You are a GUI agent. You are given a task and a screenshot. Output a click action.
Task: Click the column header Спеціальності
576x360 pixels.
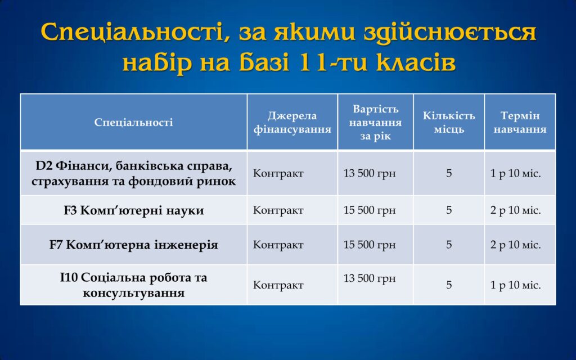[133, 122]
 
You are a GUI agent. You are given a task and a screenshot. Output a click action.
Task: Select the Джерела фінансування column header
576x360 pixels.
[292, 122]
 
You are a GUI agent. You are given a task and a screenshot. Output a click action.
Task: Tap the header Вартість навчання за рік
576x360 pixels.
[375, 122]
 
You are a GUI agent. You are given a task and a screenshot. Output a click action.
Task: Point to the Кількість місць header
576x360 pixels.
[449, 122]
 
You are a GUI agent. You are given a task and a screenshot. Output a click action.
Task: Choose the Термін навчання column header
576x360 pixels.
[520, 122]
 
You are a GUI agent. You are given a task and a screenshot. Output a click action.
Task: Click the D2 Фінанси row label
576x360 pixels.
[133, 173]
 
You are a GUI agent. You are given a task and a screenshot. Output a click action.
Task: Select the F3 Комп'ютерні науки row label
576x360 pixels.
[133, 210]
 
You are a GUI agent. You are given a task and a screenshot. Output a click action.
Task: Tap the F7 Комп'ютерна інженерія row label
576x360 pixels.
[133, 245]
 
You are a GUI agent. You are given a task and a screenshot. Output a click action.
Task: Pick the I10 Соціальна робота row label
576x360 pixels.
[133, 285]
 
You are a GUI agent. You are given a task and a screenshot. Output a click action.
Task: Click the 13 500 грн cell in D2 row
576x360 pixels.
[370, 173]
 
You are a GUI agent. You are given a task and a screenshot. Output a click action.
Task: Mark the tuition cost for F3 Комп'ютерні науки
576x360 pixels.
[370, 210]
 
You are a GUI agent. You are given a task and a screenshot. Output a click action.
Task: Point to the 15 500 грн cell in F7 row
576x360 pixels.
[370, 245]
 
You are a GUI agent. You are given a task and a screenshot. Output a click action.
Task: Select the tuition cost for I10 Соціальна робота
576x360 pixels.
[370, 278]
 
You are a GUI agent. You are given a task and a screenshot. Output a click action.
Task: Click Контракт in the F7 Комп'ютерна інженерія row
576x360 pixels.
[278, 245]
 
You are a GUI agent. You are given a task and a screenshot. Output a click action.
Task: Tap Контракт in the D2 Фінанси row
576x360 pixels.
[278, 173]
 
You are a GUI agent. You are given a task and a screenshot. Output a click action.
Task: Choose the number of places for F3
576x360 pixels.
[449, 210]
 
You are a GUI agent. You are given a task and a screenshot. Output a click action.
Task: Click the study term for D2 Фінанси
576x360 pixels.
[515, 173]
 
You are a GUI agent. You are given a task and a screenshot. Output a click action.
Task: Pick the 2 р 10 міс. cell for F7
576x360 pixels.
[515, 245]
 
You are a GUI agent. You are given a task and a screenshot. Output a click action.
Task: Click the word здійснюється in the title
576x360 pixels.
[450, 32]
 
